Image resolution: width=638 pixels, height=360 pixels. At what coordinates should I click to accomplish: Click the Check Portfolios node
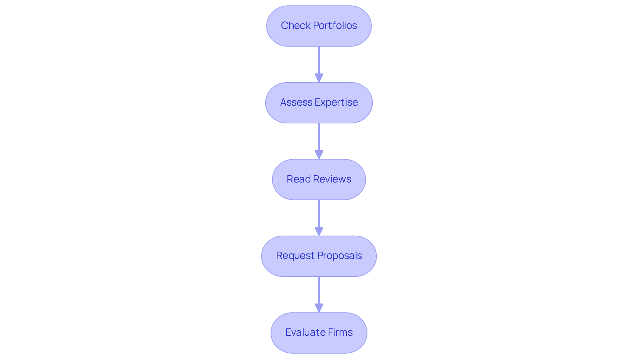click(319, 26)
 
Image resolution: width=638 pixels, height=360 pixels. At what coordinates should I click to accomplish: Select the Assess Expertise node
click(319, 102)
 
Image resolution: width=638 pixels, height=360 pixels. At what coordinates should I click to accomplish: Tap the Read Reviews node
click(319, 179)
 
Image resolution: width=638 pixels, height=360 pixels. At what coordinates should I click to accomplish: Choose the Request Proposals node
click(319, 256)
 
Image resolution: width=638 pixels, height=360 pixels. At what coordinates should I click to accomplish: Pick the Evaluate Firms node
click(319, 332)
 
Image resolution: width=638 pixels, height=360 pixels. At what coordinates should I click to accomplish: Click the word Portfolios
click(335, 26)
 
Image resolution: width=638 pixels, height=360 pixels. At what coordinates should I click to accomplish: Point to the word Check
click(296, 26)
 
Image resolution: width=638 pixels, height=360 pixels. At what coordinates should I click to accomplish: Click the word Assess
click(296, 102)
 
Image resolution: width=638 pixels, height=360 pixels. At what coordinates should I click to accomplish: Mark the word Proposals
click(340, 256)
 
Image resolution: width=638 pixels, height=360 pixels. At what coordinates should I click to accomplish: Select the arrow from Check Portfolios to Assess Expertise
click(319, 61)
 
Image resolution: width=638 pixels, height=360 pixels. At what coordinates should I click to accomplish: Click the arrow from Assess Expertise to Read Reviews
click(319, 138)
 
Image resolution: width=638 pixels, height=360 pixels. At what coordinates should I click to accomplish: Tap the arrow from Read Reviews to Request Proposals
click(319, 215)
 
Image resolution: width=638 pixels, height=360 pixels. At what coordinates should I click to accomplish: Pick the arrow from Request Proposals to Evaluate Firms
click(319, 291)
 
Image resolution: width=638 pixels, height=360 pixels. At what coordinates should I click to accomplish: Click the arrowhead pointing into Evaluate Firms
click(319, 308)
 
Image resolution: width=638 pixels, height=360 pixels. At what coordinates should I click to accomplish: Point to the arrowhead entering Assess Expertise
click(319, 78)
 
